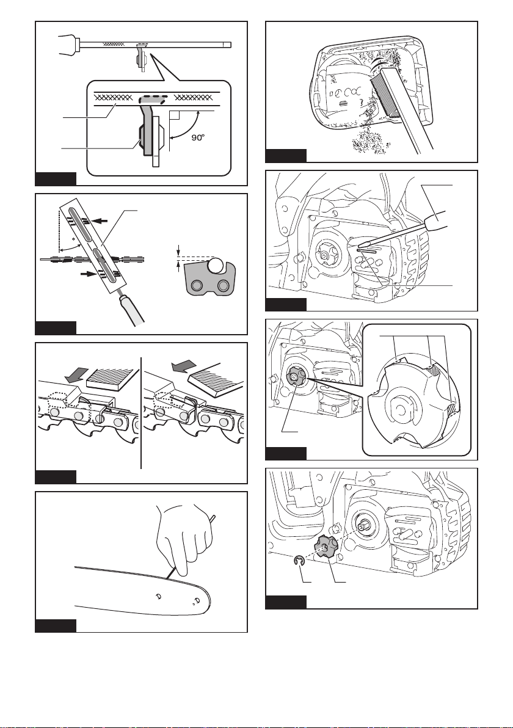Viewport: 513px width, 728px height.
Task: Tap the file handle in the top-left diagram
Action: pyautogui.click(x=70, y=43)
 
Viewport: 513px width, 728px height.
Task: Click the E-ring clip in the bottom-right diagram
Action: pyautogui.click(x=299, y=562)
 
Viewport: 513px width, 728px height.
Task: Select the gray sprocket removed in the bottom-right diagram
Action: pyautogui.click(x=326, y=549)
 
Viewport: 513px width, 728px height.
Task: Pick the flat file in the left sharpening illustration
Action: pyautogui.click(x=112, y=378)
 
